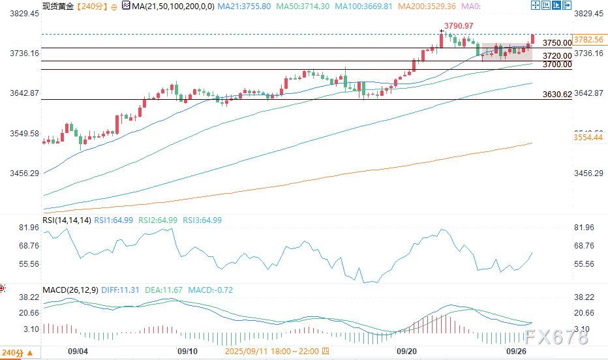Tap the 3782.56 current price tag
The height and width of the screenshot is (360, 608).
pos(588,39)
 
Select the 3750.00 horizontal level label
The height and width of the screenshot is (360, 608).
pos(557,42)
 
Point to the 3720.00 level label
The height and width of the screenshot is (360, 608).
pos(557,56)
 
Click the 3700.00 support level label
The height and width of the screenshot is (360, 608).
pos(557,65)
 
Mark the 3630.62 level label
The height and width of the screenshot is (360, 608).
pos(557,95)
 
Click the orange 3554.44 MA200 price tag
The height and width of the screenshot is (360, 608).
pos(588,138)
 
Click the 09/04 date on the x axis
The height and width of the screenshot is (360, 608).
pos(78,352)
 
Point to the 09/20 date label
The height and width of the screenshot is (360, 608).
pos(406,352)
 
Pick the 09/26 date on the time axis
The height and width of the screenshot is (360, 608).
pos(517,352)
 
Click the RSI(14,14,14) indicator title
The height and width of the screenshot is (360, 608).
pos(67,220)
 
